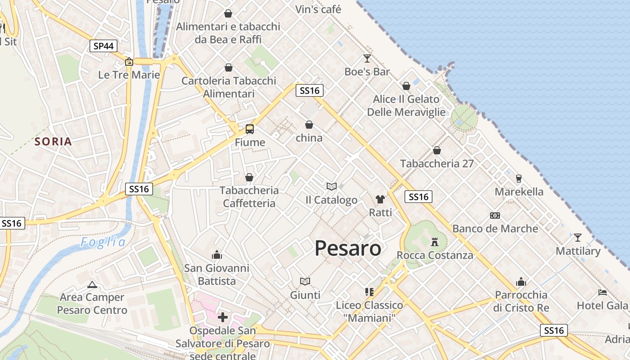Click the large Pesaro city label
(348, 248)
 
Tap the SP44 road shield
(103, 46)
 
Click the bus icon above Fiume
(250, 129)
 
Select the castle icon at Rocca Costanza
(435, 242)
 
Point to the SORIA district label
(54, 142)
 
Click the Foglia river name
(103, 243)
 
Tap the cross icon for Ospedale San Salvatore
(222, 317)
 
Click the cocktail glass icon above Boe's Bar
(367, 58)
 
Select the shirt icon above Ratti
(380, 199)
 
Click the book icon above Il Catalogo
(332, 186)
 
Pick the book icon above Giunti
(305, 282)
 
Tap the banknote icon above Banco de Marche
(495, 216)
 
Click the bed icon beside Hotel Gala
(603, 292)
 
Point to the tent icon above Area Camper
(92, 284)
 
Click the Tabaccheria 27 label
(437, 163)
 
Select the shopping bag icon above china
(309, 125)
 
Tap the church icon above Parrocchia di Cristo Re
(521, 282)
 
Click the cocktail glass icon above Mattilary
(578, 237)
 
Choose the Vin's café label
(318, 9)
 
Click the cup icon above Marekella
(518, 179)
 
